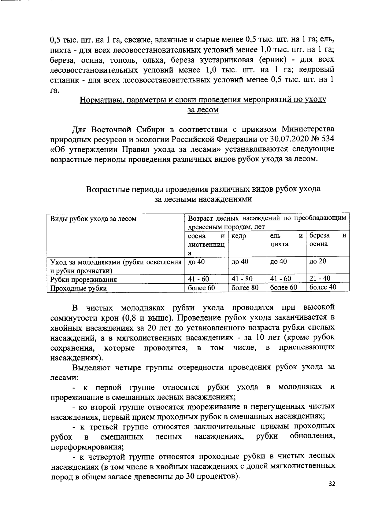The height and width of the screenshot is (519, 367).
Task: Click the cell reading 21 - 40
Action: (320, 278)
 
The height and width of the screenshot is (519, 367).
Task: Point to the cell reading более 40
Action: (323, 287)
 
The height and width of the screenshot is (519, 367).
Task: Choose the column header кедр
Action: (239, 236)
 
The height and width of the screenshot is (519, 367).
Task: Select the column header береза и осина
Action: (328, 240)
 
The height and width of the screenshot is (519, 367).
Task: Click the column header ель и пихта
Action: (286, 240)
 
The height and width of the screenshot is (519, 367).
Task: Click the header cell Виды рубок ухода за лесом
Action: (93, 219)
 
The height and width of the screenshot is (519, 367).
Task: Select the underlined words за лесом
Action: (203, 110)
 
